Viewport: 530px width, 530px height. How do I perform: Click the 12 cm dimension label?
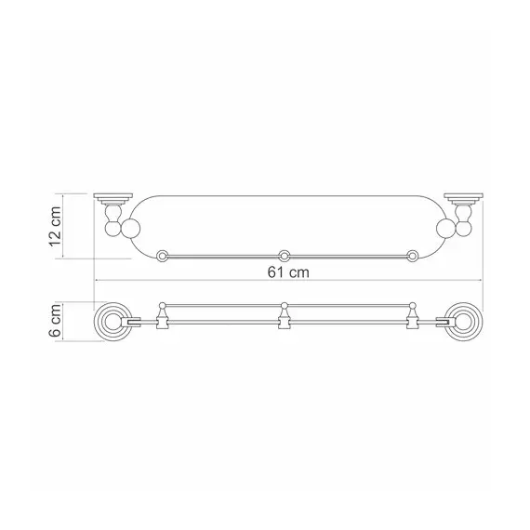(55, 226)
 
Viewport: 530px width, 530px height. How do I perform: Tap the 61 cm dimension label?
(288, 272)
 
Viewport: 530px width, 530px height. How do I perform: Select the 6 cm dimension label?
(55, 321)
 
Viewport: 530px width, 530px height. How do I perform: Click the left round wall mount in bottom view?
(113, 322)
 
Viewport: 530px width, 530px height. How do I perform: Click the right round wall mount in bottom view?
(463, 322)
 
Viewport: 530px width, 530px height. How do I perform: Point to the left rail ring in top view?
(163, 256)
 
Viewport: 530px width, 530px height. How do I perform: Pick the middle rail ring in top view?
(284, 256)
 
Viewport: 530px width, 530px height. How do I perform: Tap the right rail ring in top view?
(412, 256)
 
